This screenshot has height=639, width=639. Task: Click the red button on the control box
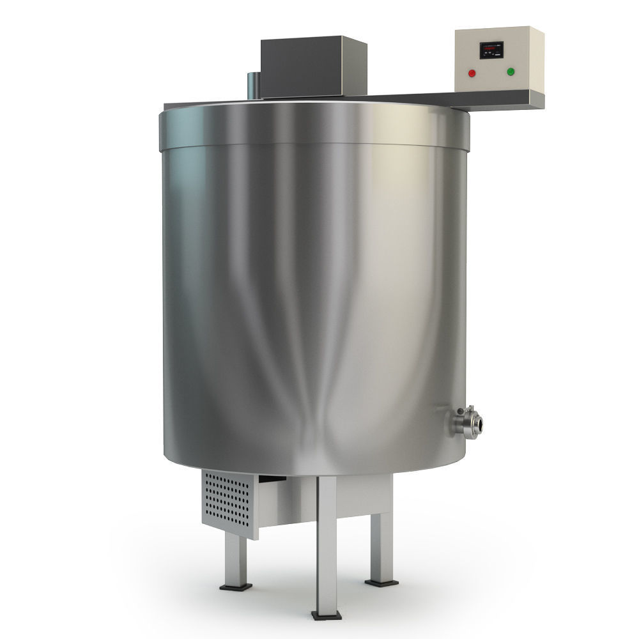point(472,72)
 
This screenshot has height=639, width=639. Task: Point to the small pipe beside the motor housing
point(253,86)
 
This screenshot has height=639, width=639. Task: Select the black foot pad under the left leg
point(235,586)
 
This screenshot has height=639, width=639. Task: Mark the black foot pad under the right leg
point(381,581)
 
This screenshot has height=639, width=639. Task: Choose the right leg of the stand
point(382,543)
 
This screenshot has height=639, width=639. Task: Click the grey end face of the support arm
point(537,100)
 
